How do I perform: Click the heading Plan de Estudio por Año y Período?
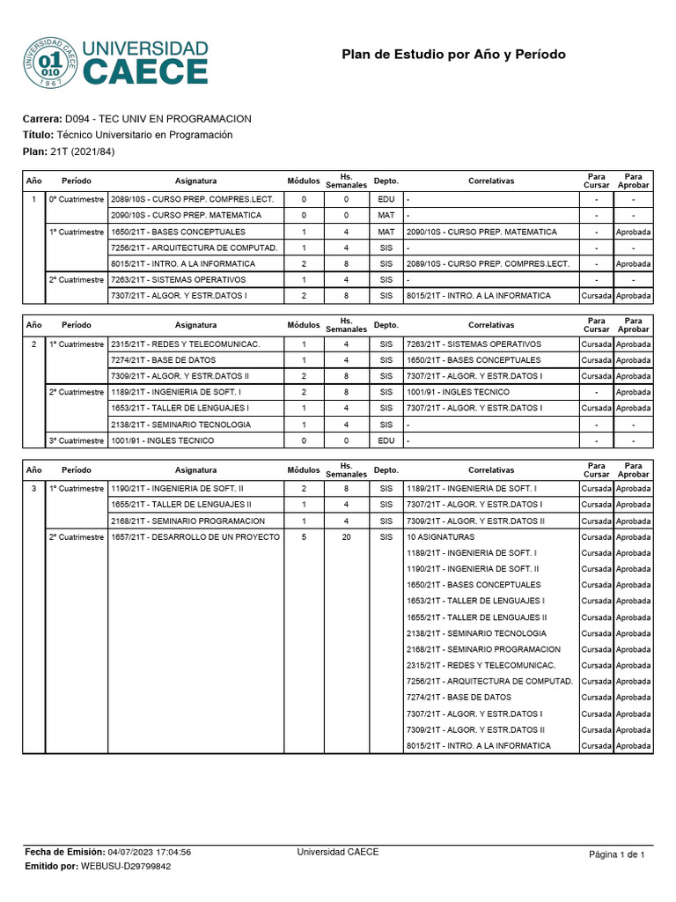tap(453, 55)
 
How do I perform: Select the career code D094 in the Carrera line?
tap(77, 119)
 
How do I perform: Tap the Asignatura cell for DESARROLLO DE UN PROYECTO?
tap(195, 536)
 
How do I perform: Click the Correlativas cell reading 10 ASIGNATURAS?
tap(440, 536)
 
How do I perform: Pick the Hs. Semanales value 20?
tap(346, 536)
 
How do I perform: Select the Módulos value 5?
tap(304, 536)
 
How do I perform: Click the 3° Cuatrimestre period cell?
tap(76, 440)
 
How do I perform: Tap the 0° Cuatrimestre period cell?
tap(76, 199)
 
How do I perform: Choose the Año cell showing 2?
tap(33, 344)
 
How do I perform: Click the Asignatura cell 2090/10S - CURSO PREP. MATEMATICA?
tap(186, 215)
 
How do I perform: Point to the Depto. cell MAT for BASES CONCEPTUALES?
tap(386, 232)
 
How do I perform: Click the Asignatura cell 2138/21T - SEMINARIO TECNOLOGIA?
tap(180, 425)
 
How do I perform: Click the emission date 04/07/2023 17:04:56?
tap(149, 852)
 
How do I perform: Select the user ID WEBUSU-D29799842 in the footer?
tap(126, 866)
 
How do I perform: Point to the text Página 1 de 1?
tap(616, 854)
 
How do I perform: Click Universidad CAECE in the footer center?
tap(338, 852)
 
